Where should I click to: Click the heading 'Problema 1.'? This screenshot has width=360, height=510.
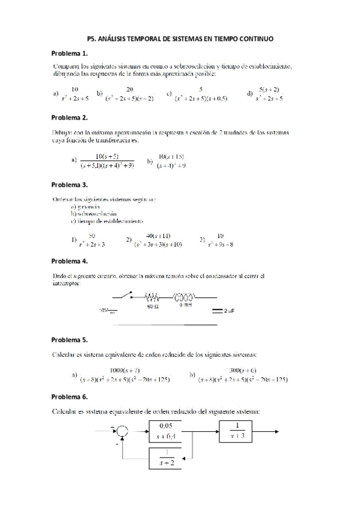[x=70, y=53]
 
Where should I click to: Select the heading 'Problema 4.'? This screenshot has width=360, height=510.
[x=70, y=261]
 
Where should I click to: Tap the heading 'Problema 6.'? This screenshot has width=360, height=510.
[x=70, y=397]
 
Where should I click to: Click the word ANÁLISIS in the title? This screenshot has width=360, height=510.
[x=123, y=38]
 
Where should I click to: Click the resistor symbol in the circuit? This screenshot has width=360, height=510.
[x=153, y=297]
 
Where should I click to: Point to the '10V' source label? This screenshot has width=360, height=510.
[x=103, y=311]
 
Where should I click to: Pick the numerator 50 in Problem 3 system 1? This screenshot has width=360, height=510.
[x=92, y=236]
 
